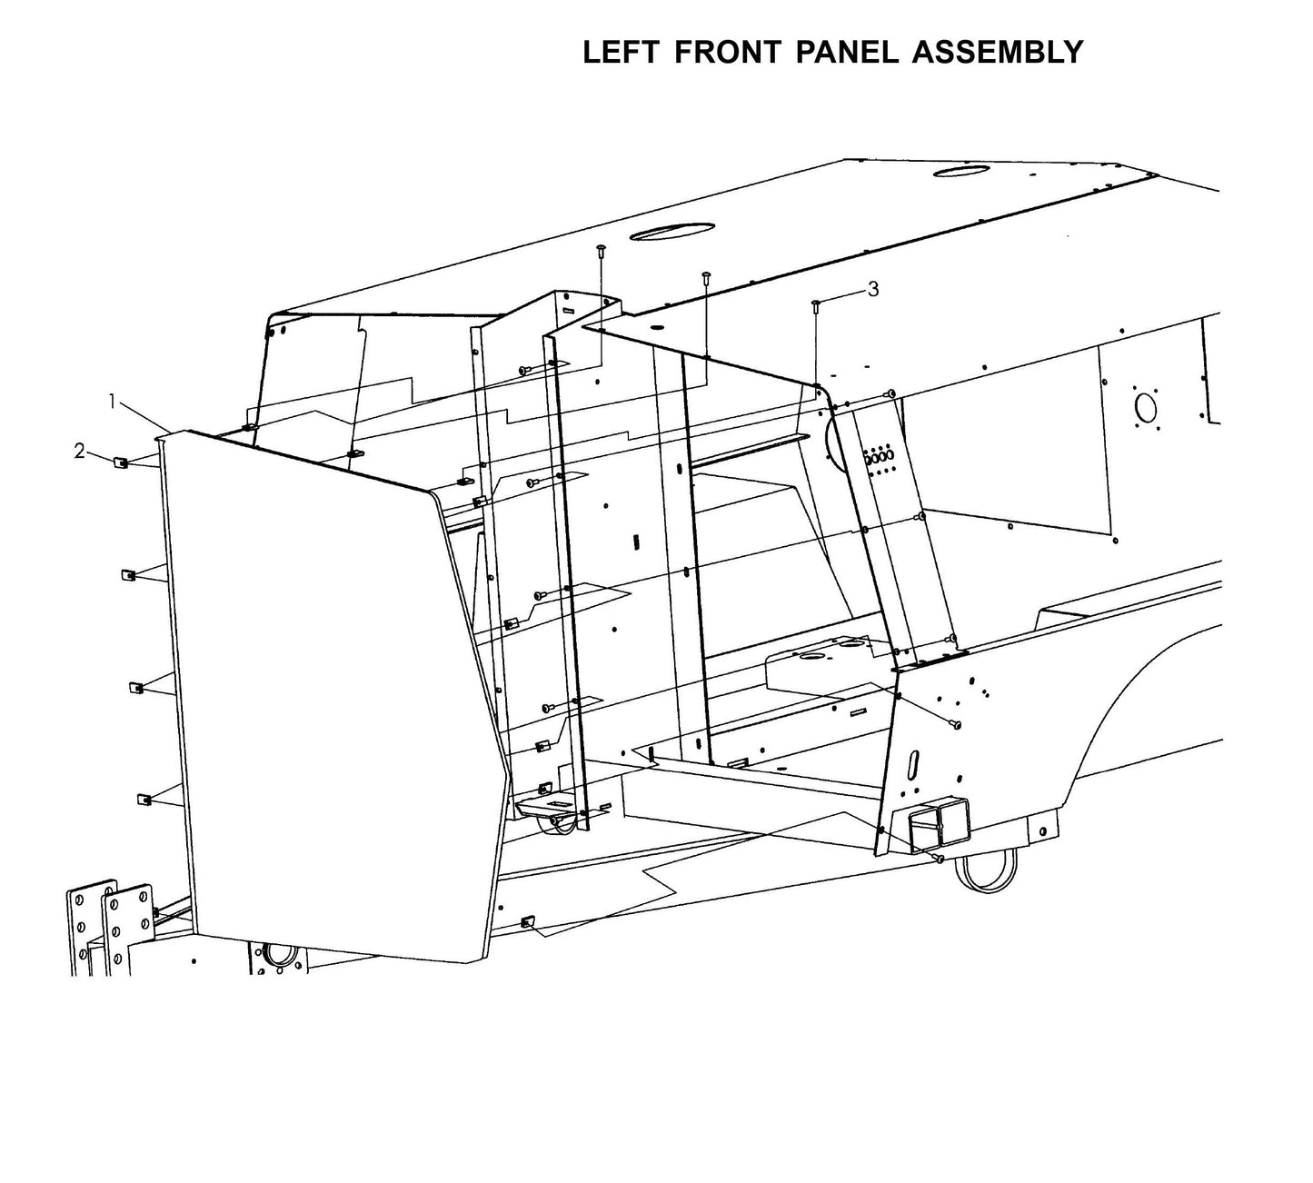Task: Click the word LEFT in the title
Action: pos(622,53)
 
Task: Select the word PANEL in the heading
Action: pos(844,53)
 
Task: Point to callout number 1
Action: pos(112,401)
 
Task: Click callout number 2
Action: pos(80,450)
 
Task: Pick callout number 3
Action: pos(873,289)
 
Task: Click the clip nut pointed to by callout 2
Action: pos(119,462)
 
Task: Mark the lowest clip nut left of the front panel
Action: pos(143,800)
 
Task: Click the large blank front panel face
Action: pos(327,691)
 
